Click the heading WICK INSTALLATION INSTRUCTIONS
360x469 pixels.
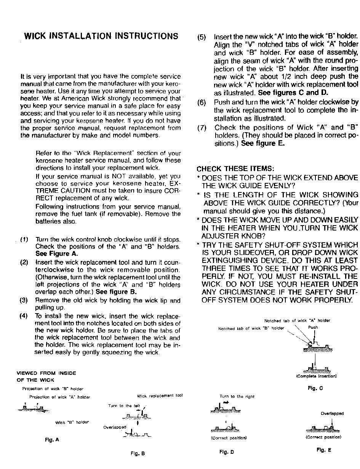[101, 36]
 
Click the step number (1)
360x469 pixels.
[24, 240]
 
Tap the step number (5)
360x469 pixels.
[202, 37]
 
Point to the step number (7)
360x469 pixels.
[202, 128]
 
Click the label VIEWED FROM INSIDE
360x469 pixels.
[46, 373]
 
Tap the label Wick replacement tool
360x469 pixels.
[160, 395]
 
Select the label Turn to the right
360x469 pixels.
[237, 397]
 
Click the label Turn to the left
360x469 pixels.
[124, 406]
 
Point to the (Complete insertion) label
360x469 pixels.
[316, 376]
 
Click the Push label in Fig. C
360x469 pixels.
[313, 327]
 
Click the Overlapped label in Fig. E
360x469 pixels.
[332, 413]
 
